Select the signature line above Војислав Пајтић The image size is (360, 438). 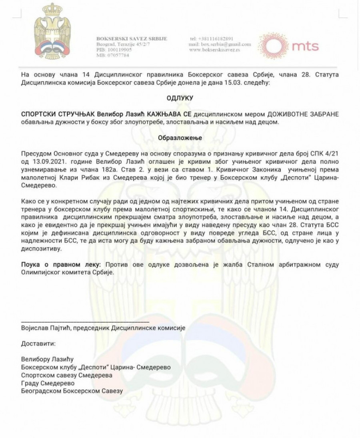point(85,321)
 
